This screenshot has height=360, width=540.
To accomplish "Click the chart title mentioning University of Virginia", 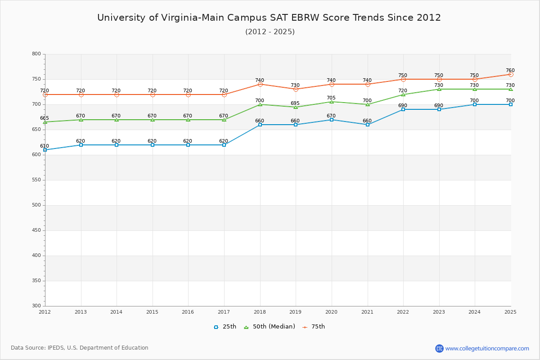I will pyautogui.click(x=269, y=18).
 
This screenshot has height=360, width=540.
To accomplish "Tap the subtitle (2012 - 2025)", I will pyautogui.click(x=270, y=32).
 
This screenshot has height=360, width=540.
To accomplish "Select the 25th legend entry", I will pyautogui.click(x=225, y=327).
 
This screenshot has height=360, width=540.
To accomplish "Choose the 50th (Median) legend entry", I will pyautogui.click(x=270, y=327).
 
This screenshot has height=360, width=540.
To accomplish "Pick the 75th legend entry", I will pyautogui.click(x=314, y=327).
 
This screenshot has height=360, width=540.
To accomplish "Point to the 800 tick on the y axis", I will pyautogui.click(x=36, y=54).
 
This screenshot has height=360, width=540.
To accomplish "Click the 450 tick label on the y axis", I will pyautogui.click(x=36, y=230).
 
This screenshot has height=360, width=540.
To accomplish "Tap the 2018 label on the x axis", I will pyautogui.click(x=260, y=312).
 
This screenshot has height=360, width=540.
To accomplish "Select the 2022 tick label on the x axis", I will pyautogui.click(x=403, y=312).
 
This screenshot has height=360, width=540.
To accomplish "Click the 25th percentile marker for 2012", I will pyautogui.click(x=45, y=150).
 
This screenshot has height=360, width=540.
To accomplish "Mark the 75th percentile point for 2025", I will pyautogui.click(x=511, y=74).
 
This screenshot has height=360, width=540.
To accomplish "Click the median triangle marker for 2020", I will pyautogui.click(x=332, y=102).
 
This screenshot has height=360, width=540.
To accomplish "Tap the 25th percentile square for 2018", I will pyautogui.click(x=260, y=125).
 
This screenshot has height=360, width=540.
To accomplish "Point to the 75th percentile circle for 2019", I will pyautogui.click(x=296, y=89).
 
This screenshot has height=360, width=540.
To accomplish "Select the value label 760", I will pyautogui.click(x=510, y=70).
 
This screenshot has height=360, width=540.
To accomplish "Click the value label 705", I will pyautogui.click(x=331, y=98).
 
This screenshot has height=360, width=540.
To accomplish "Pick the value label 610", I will pyautogui.click(x=44, y=146).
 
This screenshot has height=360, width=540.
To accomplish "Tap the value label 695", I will pyautogui.click(x=295, y=103).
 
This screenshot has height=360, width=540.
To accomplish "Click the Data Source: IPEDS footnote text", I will pyautogui.click(x=80, y=348).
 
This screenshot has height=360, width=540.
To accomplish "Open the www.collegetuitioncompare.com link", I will pyautogui.click(x=487, y=348).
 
